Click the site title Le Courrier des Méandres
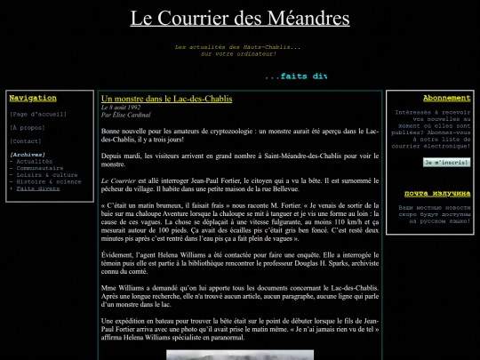[x=240, y=18]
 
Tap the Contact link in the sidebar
[x=26, y=140]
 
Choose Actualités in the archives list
[x=35, y=161]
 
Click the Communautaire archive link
[x=40, y=168]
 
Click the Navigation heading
[x=33, y=98]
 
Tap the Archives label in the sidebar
[x=28, y=154]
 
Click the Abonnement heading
[x=446, y=98]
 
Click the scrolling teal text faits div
[x=296, y=76]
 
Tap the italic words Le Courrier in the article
[x=118, y=180]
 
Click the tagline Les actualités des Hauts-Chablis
[x=237, y=46]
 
